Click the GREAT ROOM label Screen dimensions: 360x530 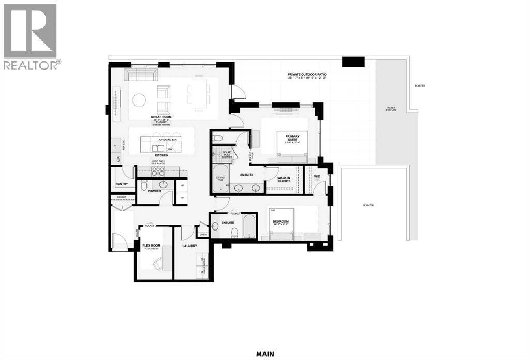tap(161, 117)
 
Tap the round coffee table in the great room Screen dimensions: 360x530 tap(140, 98)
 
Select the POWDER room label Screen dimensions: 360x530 tap(154, 191)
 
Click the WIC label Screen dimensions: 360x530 tap(317, 176)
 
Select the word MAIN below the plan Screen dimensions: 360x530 tap(265, 354)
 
